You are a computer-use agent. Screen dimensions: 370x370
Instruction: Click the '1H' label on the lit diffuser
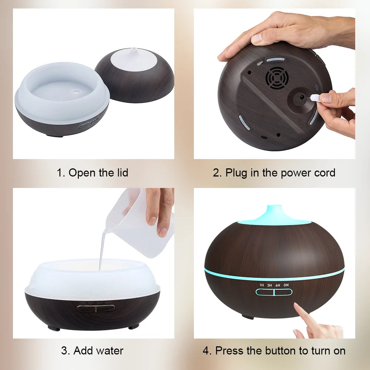(x=261, y=285)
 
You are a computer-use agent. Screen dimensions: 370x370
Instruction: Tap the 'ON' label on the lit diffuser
(x=286, y=285)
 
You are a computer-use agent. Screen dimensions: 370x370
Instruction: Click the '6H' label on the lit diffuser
(x=277, y=285)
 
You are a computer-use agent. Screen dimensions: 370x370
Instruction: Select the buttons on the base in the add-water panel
(x=96, y=308)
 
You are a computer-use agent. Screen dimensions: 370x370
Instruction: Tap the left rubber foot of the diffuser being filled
(x=54, y=328)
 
